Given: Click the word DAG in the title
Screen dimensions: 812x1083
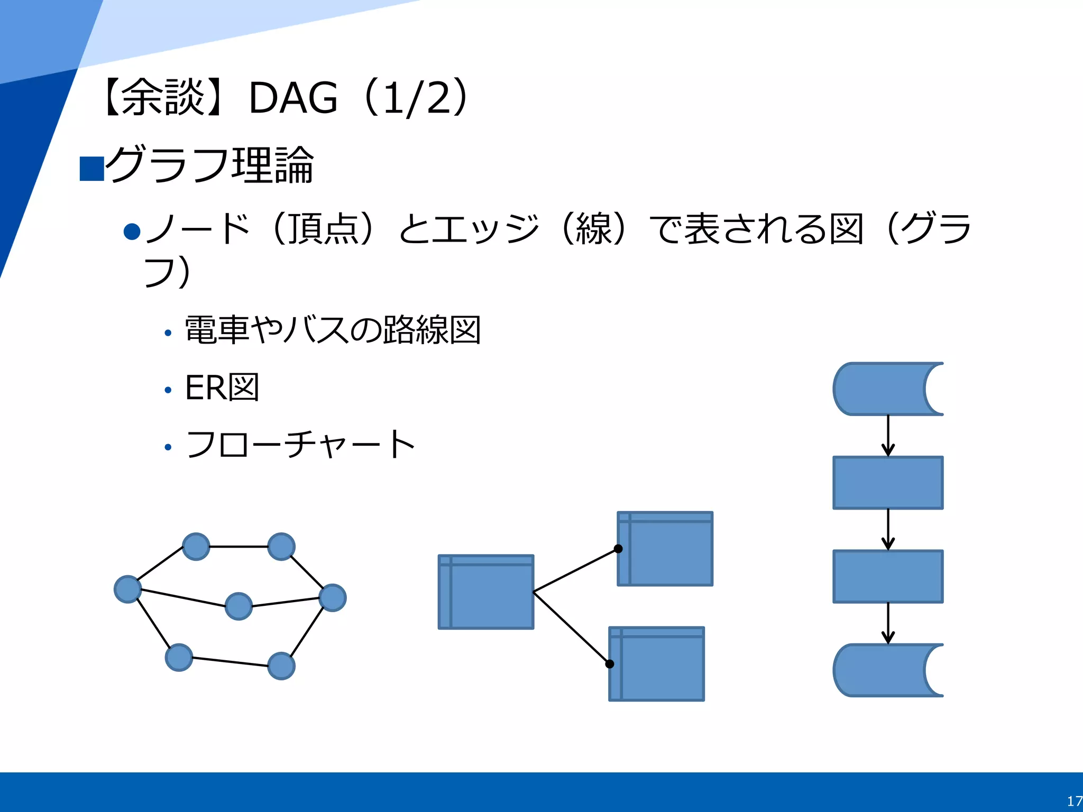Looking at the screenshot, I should pyautogui.click(x=292, y=98).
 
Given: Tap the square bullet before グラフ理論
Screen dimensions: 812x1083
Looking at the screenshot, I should pyautogui.click(x=91, y=169).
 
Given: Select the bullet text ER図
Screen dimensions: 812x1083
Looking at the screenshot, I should pyautogui.click(x=222, y=387).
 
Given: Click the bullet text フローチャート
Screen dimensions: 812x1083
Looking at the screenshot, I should pyautogui.click(x=300, y=445).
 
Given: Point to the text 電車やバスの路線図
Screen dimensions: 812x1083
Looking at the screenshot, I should pyautogui.click(x=333, y=330).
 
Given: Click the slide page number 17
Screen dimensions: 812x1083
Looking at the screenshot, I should pyautogui.click(x=1073, y=801).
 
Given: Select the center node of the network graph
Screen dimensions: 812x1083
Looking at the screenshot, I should pyautogui.click(x=238, y=606).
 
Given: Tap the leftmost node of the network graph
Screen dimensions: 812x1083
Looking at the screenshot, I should pyautogui.click(x=127, y=589).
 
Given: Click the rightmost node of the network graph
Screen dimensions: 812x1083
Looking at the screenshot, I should pyautogui.click(x=333, y=598).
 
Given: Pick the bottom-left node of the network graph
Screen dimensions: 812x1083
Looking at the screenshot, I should pyautogui.click(x=179, y=658).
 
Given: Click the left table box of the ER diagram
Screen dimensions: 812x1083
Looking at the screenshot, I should pyautogui.click(x=486, y=592).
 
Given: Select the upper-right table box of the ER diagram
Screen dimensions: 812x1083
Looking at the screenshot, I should pyautogui.click(x=665, y=549).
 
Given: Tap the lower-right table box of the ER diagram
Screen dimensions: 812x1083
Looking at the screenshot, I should pyautogui.click(x=657, y=664).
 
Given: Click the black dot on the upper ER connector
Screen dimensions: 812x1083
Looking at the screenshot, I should pyautogui.click(x=618, y=549).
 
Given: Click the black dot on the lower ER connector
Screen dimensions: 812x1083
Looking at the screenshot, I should pyautogui.click(x=610, y=664).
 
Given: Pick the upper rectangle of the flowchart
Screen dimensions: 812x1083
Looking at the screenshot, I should pyautogui.click(x=888, y=483).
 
